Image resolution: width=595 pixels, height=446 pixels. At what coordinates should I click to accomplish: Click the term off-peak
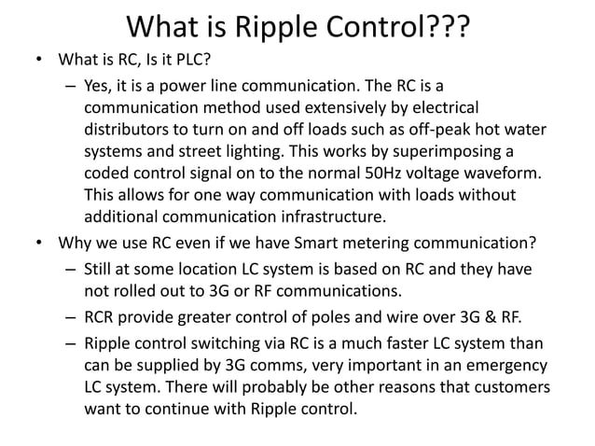pyautogui.click(x=445, y=133)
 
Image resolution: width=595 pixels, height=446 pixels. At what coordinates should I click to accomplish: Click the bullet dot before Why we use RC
pyautogui.click(x=39, y=246)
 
